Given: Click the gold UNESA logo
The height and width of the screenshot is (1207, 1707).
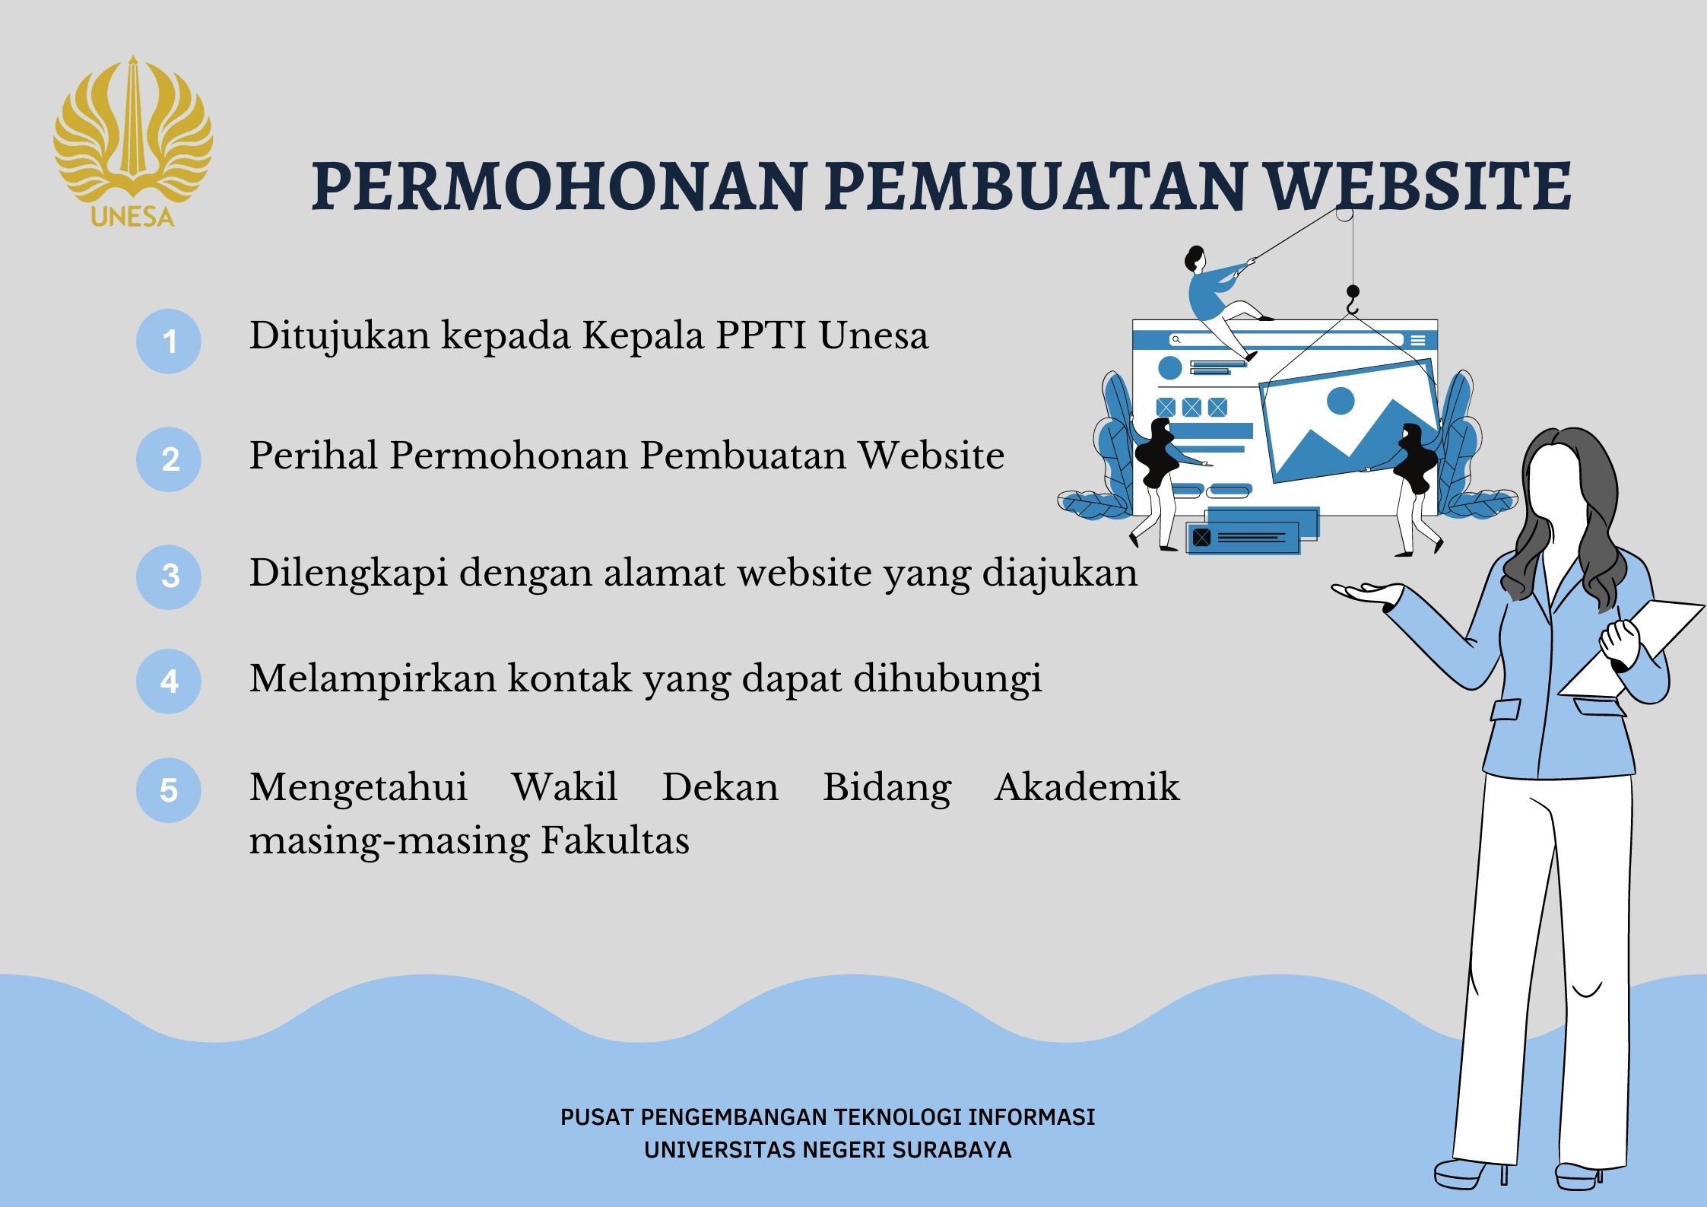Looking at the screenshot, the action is (133, 141).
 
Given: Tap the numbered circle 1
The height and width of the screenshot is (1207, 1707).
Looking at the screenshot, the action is (169, 341).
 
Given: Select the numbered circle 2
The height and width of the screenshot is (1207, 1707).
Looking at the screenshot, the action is (169, 459).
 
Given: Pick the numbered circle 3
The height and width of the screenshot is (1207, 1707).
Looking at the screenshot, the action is (169, 577).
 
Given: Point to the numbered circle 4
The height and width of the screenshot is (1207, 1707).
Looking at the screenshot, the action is (169, 681).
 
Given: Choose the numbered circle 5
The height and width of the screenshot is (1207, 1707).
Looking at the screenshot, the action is (169, 790).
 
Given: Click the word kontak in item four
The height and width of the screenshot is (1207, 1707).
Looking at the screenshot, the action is (570, 678).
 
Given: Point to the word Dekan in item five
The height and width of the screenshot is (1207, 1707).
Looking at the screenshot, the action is (720, 787).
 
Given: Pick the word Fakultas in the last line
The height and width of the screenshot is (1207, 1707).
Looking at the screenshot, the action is (615, 840).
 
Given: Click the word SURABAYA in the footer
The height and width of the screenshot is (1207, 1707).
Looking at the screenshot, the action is (952, 1149).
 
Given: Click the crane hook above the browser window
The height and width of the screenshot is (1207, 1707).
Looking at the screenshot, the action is (1352, 300).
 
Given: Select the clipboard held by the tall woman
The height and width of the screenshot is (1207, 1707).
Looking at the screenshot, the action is (1632, 649).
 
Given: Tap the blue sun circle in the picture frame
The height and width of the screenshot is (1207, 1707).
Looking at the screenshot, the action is (1340, 401).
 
